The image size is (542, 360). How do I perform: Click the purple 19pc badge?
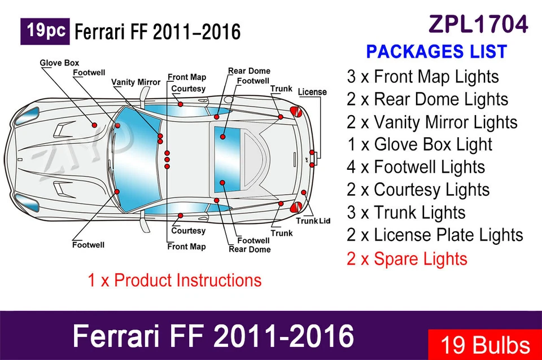tap(45, 31)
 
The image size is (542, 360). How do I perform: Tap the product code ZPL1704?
tap(479, 24)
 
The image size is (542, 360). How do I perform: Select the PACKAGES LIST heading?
tap(436, 51)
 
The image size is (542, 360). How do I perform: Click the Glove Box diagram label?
tap(59, 63)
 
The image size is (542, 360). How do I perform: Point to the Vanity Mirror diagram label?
tap(135, 82)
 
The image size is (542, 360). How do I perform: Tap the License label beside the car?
tap(312, 91)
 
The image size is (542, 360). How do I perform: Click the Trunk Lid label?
tap(313, 221)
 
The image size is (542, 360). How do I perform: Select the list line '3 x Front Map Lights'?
tap(422, 77)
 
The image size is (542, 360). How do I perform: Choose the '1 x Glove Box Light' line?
tap(419, 144)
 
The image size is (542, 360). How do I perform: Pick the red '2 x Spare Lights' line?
tap(407, 259)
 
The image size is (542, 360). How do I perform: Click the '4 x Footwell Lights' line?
tap(416, 167)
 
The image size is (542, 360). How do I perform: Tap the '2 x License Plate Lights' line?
tap(435, 235)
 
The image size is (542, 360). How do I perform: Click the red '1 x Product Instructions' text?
tap(174, 280)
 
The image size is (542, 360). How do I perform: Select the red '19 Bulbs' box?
tap(484, 344)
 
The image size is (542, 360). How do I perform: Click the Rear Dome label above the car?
tap(249, 71)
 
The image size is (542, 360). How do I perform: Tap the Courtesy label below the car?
tap(189, 231)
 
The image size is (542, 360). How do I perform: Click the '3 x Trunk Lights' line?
tap(406, 212)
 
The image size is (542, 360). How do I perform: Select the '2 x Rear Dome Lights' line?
tap(427, 99)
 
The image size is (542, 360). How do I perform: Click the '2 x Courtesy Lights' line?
tap(418, 190)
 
